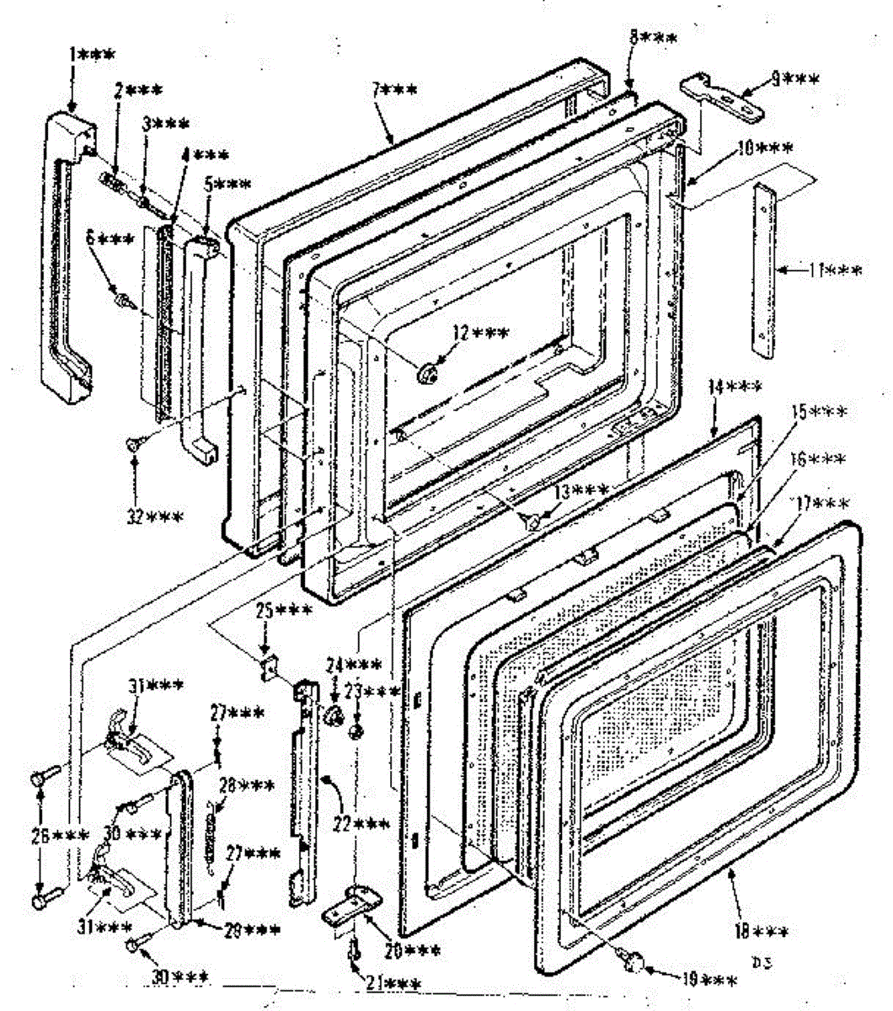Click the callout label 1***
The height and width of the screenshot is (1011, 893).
point(92,55)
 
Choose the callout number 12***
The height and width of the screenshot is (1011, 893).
point(479,333)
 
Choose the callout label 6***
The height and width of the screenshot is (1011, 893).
point(110,239)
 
